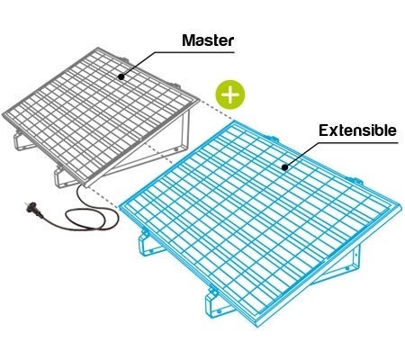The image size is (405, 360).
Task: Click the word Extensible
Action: [x=357, y=130]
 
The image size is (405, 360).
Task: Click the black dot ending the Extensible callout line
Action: [x=284, y=166]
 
